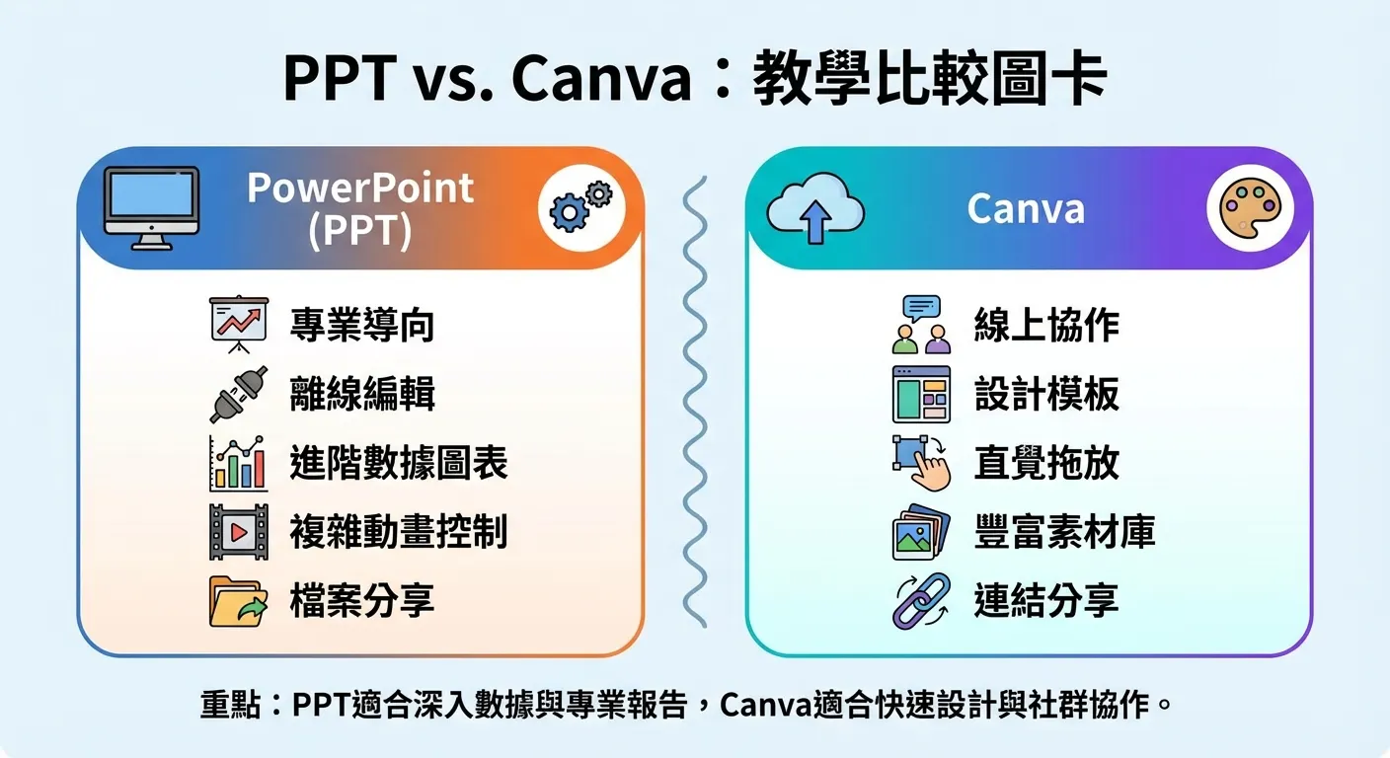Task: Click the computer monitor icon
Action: tap(151, 207)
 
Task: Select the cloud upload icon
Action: tap(814, 209)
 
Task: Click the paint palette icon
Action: tap(1249, 208)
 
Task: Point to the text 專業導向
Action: tap(362, 326)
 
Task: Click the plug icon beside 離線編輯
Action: tap(238, 394)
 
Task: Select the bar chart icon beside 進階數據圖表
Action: tap(238, 463)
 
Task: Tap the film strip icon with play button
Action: tap(238, 532)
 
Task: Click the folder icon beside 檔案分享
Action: tap(238, 601)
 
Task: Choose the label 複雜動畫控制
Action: tap(399, 532)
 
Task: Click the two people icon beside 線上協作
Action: tap(920, 326)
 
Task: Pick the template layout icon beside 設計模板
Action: tap(920, 394)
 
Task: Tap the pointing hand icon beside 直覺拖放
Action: tap(922, 463)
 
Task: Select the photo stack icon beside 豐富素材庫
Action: tap(920, 532)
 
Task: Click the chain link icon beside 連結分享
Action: tap(920, 601)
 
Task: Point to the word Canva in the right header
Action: tap(1026, 209)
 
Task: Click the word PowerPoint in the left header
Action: tap(360, 188)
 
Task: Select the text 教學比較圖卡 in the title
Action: tap(929, 79)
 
